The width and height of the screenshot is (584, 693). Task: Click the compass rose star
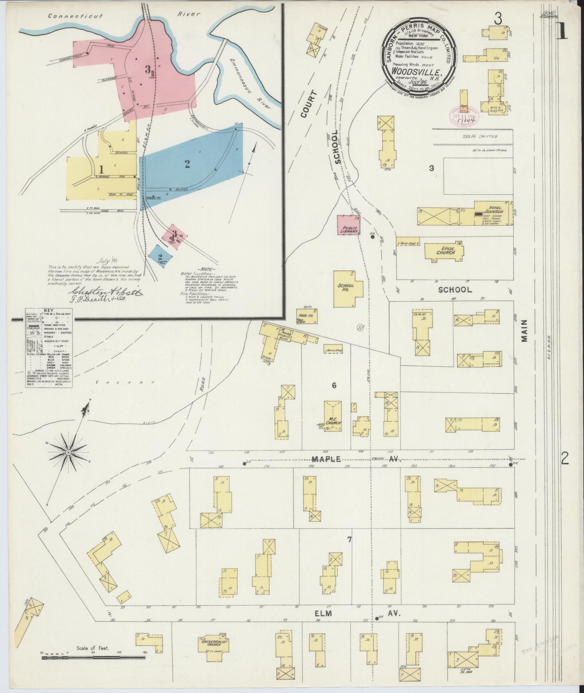(68, 453)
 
